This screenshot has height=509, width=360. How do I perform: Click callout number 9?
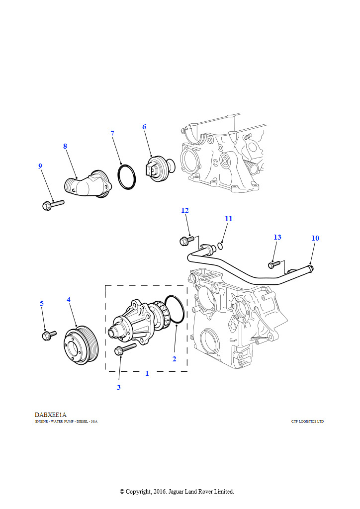(40, 166)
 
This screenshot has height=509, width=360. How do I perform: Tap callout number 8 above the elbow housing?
(65, 146)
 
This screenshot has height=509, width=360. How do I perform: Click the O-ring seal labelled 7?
(127, 176)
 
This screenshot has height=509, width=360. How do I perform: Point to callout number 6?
(144, 127)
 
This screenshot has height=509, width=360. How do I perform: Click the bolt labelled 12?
(186, 241)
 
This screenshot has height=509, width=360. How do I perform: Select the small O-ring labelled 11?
(220, 245)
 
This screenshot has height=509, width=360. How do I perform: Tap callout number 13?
(277, 237)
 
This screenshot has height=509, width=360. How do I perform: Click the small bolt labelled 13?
(274, 264)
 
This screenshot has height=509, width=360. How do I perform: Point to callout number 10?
(315, 238)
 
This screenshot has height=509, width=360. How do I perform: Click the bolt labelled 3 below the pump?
(124, 349)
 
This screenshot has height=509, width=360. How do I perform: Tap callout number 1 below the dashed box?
(147, 373)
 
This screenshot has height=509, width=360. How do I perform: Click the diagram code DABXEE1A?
(51, 415)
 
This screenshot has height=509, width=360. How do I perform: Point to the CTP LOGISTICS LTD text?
(307, 422)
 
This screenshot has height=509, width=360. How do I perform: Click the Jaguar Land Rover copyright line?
(177, 492)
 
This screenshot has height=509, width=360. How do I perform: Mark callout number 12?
(185, 210)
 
